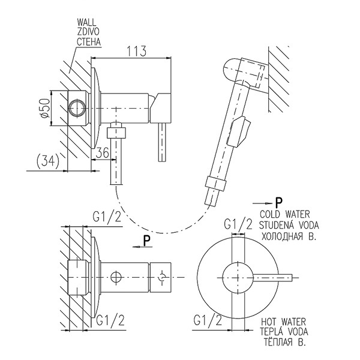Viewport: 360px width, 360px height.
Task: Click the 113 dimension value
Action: [137, 51]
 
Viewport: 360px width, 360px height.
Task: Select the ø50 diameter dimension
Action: [45, 109]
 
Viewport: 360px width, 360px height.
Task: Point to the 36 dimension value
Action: [102, 152]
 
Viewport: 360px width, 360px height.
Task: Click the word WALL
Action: [87, 22]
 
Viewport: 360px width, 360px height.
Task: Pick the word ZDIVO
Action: [88, 32]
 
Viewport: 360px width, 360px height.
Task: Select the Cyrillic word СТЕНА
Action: [89, 42]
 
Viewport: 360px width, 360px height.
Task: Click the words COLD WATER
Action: [284, 214]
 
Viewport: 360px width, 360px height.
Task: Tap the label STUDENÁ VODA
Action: [289, 225]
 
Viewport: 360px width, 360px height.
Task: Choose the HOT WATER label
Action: [284, 322]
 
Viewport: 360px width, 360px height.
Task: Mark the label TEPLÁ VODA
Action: [284, 332]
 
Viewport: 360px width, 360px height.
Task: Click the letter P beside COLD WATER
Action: [279, 203]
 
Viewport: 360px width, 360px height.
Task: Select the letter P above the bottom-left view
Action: [147, 241]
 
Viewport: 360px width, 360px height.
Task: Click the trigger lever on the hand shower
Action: [239, 131]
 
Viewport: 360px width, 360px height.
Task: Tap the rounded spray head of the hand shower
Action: [232, 71]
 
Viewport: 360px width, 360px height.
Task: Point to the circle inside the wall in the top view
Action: [78, 108]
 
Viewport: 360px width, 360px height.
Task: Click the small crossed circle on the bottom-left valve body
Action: [116, 277]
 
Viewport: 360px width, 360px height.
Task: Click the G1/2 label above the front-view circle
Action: [238, 224]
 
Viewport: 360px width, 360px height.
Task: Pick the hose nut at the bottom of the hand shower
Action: [215, 184]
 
